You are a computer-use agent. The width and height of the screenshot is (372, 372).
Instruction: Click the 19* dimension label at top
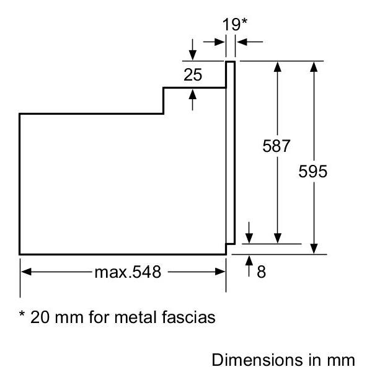234,24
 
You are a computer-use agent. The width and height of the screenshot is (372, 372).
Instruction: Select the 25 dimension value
193,75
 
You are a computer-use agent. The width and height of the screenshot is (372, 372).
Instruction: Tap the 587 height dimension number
277,146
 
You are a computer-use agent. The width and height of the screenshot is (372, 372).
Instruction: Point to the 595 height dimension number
312,171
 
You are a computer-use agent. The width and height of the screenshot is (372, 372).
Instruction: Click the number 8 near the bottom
261,272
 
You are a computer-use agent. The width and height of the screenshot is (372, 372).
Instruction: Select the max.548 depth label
128,272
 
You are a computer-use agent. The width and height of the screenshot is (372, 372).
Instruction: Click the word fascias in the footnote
188,317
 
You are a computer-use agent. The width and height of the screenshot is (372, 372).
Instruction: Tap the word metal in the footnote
135,317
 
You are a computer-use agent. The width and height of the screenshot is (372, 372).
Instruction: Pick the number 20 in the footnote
40,317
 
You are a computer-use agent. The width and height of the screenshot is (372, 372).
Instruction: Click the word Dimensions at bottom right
257,360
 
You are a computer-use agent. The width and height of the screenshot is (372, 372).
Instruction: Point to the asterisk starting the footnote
22,314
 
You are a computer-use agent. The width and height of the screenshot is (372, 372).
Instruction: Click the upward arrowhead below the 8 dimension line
249,261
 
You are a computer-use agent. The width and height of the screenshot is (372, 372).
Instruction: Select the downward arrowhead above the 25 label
192,55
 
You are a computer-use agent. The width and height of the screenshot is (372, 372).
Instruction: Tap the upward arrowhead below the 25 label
192,94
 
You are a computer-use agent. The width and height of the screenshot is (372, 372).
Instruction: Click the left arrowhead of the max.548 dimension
26,272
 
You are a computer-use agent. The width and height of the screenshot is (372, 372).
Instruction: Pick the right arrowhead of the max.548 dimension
220,272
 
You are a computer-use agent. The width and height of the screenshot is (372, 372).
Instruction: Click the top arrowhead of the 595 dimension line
314,67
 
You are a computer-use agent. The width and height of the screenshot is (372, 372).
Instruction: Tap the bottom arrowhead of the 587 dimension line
277,238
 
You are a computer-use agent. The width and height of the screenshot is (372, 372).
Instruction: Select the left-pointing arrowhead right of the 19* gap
242,42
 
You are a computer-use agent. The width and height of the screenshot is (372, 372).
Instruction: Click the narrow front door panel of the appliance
231,153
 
